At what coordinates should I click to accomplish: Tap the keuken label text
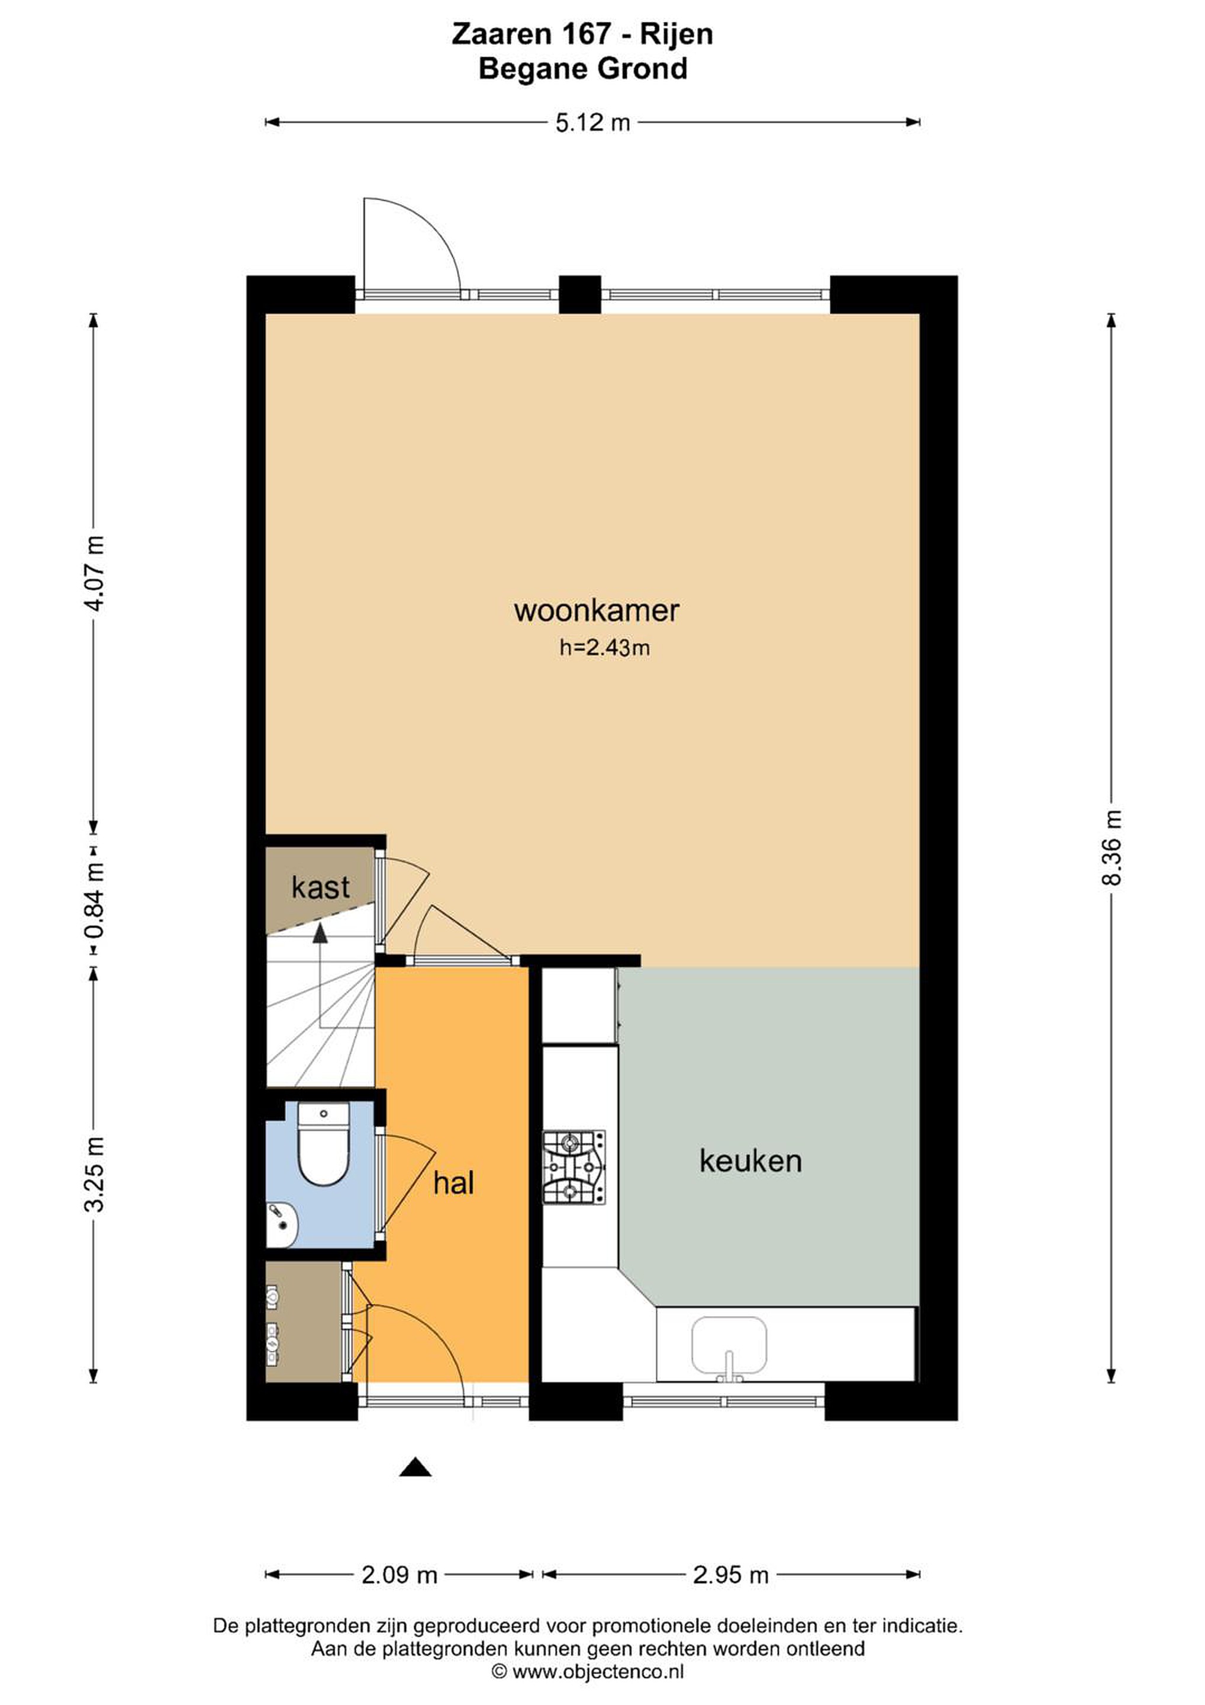point(750,1161)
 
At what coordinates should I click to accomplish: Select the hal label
point(453,1183)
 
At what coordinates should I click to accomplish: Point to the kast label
point(320,887)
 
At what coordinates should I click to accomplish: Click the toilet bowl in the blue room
point(323,1147)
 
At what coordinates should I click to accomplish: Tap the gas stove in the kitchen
point(574,1167)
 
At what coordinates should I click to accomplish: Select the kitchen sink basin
point(729,1346)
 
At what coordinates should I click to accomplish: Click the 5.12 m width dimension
point(592,123)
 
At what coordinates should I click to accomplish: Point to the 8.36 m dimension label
point(1111,847)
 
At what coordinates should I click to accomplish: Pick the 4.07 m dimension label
point(94,572)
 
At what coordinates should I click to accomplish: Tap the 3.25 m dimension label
point(94,1174)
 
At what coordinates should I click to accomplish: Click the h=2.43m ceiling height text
point(604,648)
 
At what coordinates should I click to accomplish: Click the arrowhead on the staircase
point(320,934)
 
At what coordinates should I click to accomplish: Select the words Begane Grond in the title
point(583,69)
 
